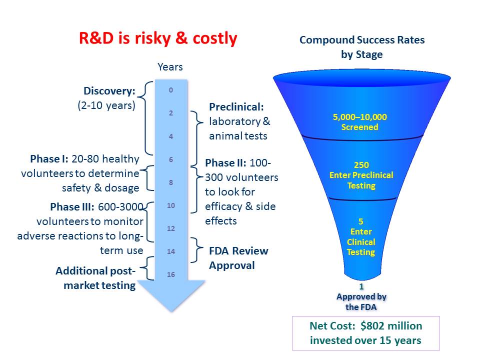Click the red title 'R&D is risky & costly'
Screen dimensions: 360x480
point(158,38)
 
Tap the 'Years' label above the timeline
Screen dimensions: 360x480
point(170,67)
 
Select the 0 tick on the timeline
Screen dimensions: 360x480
point(171,90)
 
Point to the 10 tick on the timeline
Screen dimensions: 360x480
point(171,205)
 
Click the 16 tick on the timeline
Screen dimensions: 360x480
point(171,274)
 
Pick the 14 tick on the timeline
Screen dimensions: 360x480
point(171,251)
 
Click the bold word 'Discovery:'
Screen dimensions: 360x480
point(109,91)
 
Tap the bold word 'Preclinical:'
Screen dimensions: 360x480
point(236,107)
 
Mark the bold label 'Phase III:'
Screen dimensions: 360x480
point(72,206)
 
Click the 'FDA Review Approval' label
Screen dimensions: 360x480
point(238,258)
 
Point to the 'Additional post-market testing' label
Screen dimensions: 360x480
point(95,278)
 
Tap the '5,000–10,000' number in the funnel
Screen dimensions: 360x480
point(360,117)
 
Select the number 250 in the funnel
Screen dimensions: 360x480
point(361,165)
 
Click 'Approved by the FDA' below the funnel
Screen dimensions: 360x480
point(361,301)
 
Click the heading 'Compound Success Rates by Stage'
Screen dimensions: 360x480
point(362,47)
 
